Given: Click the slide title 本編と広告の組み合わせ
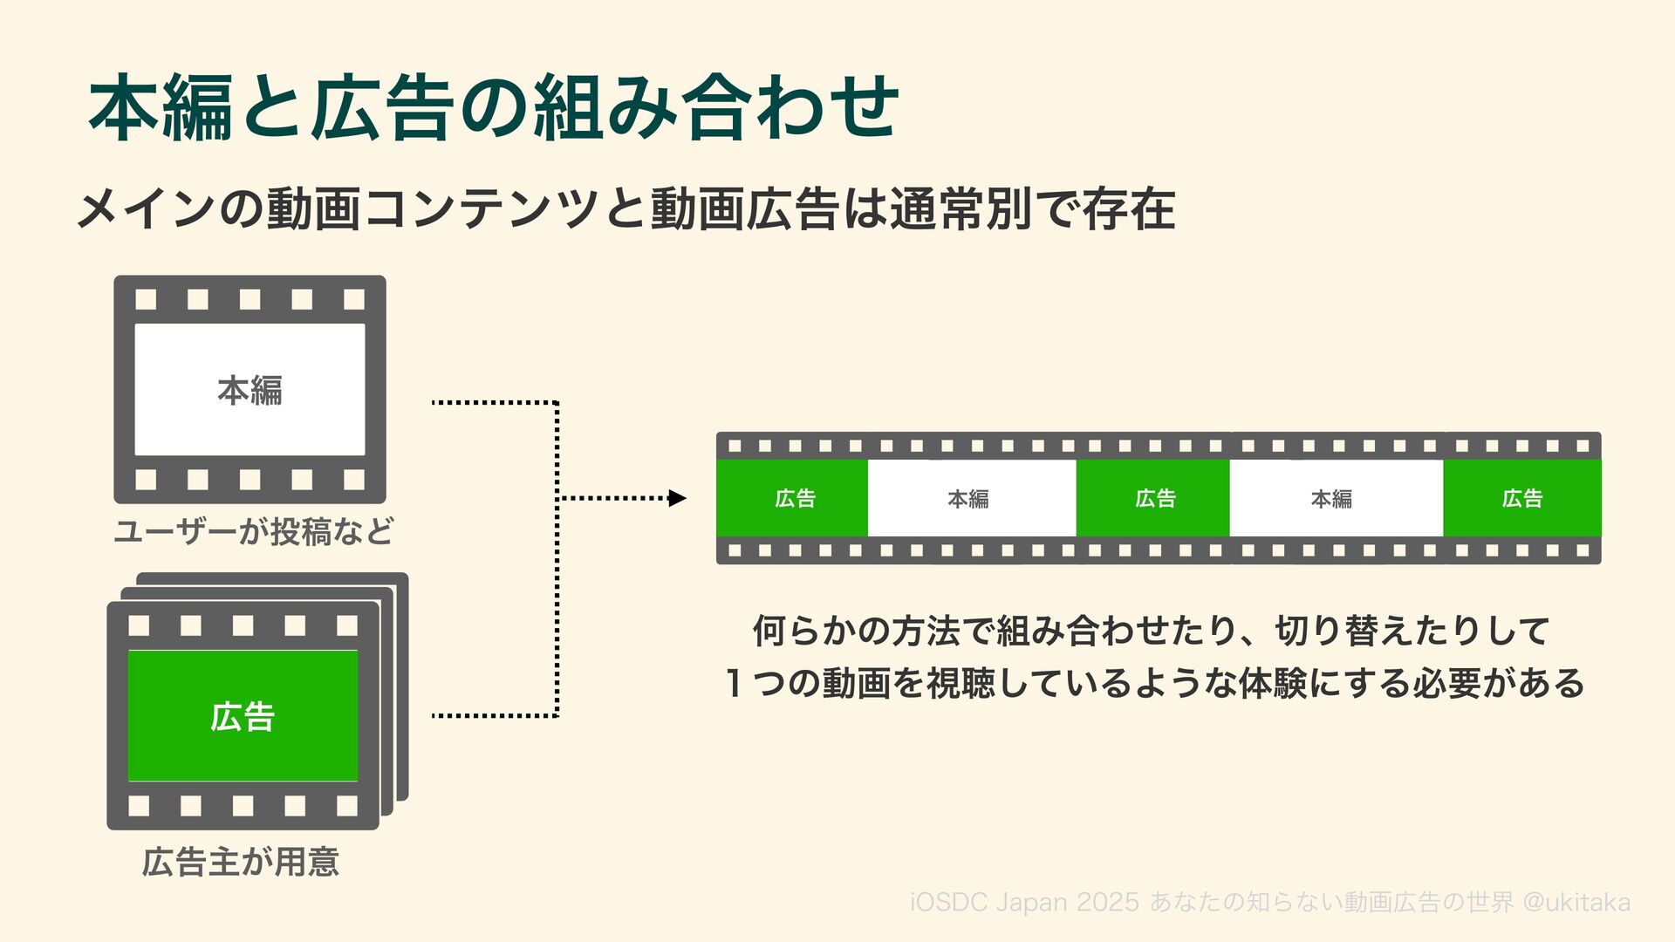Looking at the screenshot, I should pos(494,108).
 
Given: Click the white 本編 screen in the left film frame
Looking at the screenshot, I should pos(250,390).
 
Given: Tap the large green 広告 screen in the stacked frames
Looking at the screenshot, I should pos(243,716).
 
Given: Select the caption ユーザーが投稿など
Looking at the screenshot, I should pos(254,530).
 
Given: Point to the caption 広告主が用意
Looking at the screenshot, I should pos(241,862).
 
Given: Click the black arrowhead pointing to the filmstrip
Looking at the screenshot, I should pos(677,498).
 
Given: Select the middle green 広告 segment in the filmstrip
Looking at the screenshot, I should pos(1153,498).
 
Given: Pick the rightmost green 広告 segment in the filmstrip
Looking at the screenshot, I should pos(1521,498).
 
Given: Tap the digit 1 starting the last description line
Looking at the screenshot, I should pos(735,683).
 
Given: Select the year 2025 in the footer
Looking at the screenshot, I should pos(1107,903).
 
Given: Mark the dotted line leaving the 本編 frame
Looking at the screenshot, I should pos(493,403).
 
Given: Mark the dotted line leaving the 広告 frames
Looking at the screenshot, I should pos(493,715).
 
